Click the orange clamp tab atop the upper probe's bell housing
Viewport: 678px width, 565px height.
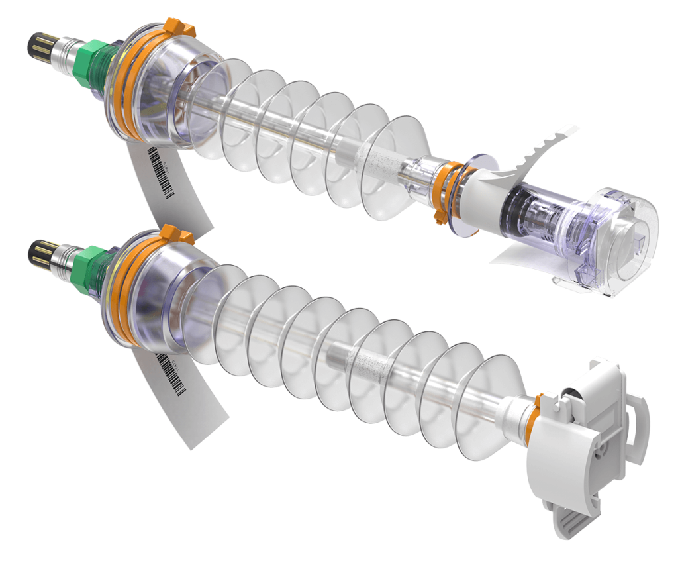178,27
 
